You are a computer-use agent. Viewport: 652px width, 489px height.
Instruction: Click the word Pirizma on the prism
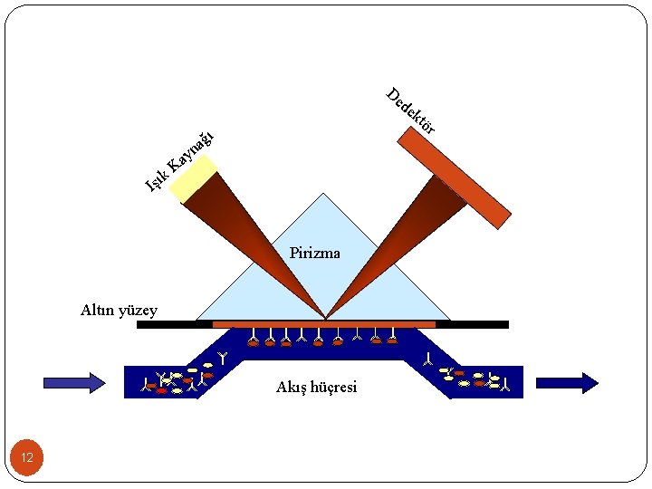pos(314,253)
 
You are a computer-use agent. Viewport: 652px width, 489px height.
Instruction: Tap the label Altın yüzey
pos(119,311)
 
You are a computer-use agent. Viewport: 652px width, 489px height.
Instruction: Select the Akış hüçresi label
pos(316,388)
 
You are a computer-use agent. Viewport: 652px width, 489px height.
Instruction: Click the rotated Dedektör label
pos(410,110)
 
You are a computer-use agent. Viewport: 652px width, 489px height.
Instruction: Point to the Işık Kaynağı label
pos(180,162)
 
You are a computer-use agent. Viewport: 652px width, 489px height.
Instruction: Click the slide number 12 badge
pos(27,457)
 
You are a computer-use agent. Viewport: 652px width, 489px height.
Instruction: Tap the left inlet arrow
pos(74,383)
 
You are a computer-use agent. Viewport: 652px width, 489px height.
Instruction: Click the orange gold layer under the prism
pos(323,323)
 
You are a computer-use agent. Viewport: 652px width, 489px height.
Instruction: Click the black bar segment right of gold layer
pos(472,324)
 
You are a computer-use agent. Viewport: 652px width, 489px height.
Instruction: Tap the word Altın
pos(97,311)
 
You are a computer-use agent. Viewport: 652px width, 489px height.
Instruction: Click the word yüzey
pos(138,312)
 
